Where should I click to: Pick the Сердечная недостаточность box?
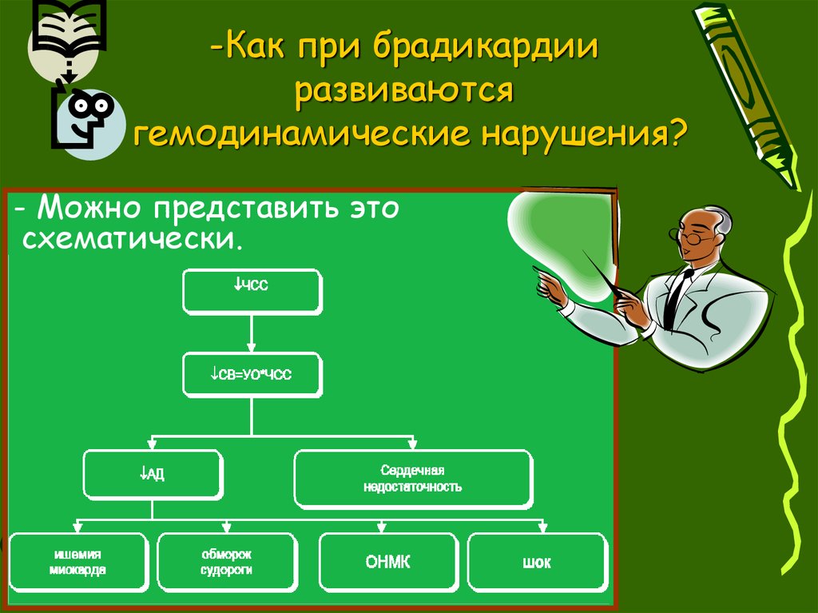coord(413,478)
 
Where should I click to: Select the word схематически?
coord(131,238)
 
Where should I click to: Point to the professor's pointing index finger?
coord(537,272)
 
